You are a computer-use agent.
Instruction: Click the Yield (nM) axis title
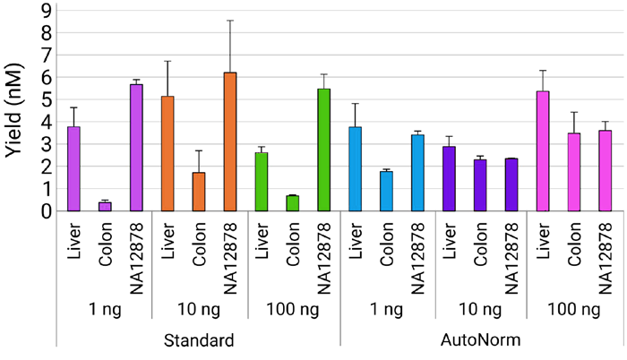pyautogui.click(x=15, y=107)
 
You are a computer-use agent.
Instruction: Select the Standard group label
pyautogui.click(x=199, y=341)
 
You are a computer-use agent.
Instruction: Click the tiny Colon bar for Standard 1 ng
pyautogui.click(x=105, y=207)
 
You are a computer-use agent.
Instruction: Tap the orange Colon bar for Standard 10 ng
pyautogui.click(x=199, y=192)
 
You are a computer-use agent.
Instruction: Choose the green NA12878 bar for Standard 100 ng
pyautogui.click(x=324, y=150)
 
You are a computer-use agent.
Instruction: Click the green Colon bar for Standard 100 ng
pyautogui.click(x=293, y=203)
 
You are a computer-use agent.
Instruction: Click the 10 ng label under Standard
pyautogui.click(x=199, y=310)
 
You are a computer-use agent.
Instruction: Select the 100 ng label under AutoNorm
pyautogui.click(x=574, y=310)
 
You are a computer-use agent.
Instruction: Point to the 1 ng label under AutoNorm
pyautogui.click(x=386, y=310)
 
